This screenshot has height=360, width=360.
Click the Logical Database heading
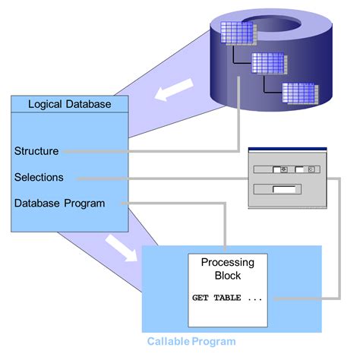(x=68, y=104)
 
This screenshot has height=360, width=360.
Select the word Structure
(x=36, y=150)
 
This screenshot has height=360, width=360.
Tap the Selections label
(x=39, y=177)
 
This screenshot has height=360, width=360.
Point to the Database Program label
(x=59, y=203)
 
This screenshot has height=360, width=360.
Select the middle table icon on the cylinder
(x=268, y=63)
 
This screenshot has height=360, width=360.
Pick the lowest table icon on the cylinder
(x=298, y=92)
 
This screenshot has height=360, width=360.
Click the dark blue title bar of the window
(x=286, y=147)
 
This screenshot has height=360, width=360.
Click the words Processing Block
(x=227, y=269)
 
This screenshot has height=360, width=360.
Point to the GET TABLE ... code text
(x=227, y=298)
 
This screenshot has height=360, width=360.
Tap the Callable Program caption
(x=191, y=341)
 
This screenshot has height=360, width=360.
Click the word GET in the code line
(x=201, y=298)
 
